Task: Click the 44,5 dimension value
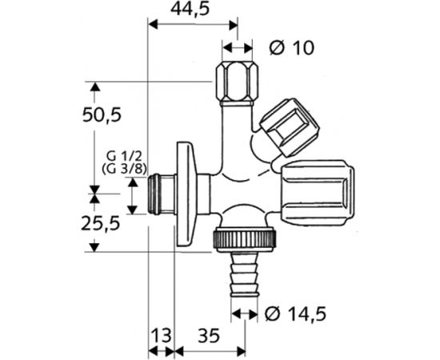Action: pyautogui.click(x=190, y=10)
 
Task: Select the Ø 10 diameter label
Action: pyautogui.click(x=291, y=48)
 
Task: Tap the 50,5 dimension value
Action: pyautogui.click(x=102, y=114)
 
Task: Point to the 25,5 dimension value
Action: pyautogui.click(x=101, y=223)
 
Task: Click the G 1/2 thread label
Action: pyautogui.click(x=124, y=155)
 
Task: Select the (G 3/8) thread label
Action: pyautogui.click(x=124, y=169)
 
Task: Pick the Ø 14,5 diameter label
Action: pyautogui.click(x=295, y=314)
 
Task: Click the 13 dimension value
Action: pyautogui.click(x=162, y=335)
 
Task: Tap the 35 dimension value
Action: pyautogui.click(x=209, y=335)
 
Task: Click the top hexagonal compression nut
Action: pyautogui.click(x=237, y=83)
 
